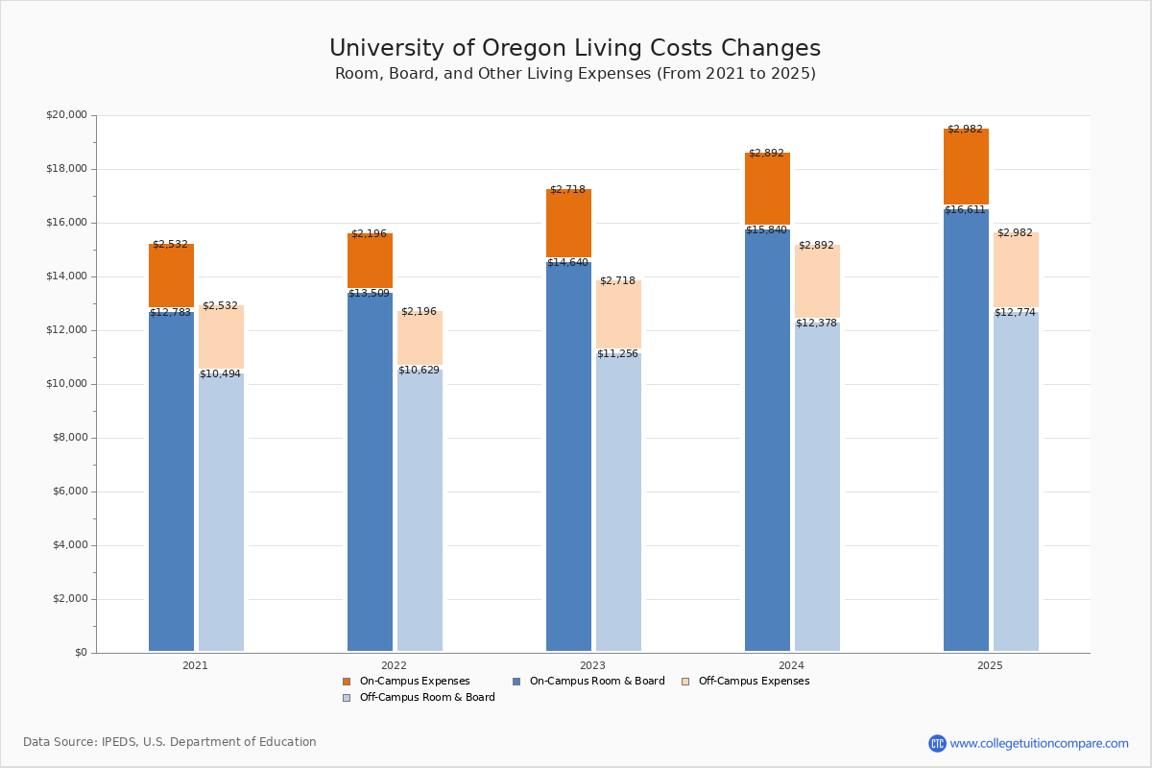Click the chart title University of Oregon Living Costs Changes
(574, 48)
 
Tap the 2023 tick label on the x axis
(592, 665)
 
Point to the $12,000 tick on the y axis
(66, 330)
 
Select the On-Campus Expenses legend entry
(407, 682)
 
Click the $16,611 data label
(965, 210)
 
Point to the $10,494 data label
(220, 374)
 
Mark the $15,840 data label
(767, 230)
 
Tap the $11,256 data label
(617, 354)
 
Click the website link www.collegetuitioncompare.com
(1039, 743)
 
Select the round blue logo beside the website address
(937, 743)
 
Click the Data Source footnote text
(170, 742)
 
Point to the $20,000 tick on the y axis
(66, 115)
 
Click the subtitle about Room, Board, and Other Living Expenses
(574, 74)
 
